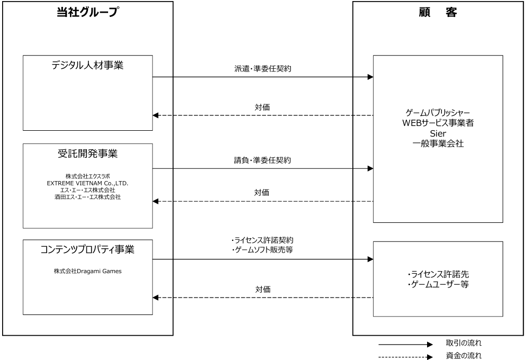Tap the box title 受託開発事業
[x=87, y=154]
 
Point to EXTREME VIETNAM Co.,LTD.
[x=87, y=183]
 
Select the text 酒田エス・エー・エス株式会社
[x=87, y=197]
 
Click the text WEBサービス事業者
[x=438, y=123]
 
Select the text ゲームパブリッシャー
[x=438, y=114]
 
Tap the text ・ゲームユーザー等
[x=438, y=285]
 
